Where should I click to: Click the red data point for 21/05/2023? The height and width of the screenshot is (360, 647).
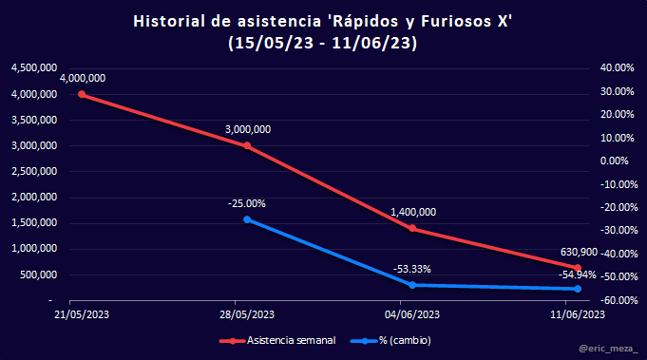82,94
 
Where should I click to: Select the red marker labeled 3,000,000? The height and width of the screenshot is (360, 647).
247,145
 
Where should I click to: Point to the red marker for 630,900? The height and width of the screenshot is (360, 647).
578,268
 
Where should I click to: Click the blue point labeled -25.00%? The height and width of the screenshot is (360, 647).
247,219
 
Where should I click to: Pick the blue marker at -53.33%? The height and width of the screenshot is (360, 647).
412,285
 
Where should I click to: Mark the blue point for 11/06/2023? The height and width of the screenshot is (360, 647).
578,289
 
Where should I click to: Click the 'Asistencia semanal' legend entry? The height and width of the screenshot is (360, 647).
277,341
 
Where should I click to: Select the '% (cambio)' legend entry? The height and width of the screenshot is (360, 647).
390,341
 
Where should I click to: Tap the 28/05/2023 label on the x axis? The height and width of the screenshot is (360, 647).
247,314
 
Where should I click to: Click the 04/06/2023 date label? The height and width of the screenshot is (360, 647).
412,314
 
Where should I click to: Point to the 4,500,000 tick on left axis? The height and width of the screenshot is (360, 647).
34,68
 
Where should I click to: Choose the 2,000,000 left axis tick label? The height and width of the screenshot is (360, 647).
34,198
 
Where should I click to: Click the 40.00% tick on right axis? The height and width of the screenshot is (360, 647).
617,68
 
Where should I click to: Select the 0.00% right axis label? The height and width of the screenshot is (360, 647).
615,161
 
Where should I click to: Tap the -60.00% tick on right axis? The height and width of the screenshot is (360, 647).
617,300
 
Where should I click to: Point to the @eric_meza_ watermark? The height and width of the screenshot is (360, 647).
608,349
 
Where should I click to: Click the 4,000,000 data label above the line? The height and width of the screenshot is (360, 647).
83,78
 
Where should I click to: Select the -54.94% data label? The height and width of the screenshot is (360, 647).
578,275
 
